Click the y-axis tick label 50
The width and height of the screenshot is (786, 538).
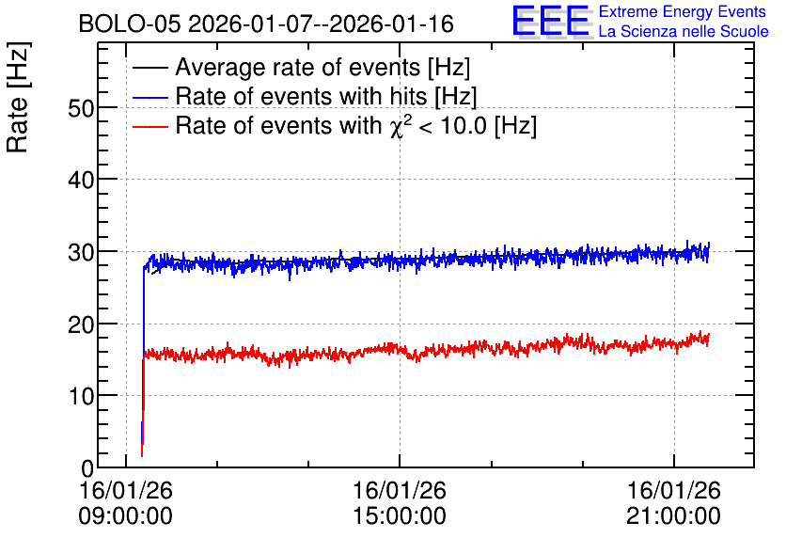81,108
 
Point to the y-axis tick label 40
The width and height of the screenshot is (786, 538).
81,180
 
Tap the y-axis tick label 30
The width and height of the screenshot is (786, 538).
81,252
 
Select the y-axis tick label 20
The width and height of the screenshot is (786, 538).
81,324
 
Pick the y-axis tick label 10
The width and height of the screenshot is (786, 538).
81,397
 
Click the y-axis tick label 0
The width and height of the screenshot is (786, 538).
87,468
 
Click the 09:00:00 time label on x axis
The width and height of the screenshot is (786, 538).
125,516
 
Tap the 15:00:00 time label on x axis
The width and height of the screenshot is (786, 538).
400,516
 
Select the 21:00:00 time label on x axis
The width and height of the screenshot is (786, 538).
673,516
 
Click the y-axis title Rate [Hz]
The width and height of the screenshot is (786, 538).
18,97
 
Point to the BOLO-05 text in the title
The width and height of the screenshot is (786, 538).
130,24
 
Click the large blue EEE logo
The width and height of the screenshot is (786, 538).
551,21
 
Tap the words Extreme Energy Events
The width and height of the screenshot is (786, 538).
683,11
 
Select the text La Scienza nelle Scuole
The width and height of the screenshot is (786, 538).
684,31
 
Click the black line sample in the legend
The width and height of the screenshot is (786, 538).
150,68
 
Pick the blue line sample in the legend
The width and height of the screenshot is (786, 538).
150,97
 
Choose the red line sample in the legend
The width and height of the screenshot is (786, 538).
150,126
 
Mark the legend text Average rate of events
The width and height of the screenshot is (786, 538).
298,67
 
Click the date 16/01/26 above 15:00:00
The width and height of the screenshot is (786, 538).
400,490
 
